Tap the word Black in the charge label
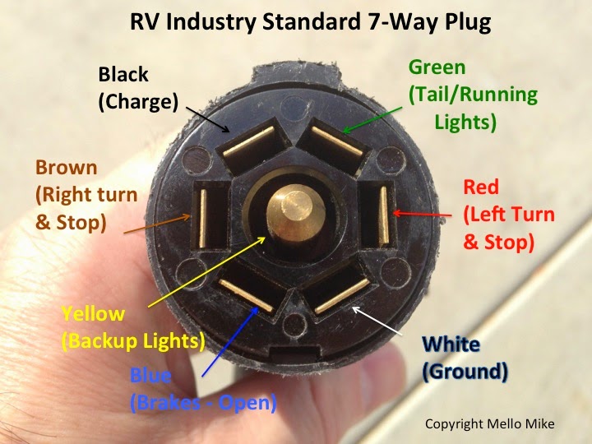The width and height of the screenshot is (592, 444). (123, 74)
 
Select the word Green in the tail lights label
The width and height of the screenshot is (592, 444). (437, 67)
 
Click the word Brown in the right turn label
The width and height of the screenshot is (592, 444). (67, 167)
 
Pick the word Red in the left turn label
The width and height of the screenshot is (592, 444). (481, 187)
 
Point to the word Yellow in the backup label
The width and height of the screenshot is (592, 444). (93, 314)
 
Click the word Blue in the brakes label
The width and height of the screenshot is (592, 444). (150, 375)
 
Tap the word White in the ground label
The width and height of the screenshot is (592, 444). (451, 344)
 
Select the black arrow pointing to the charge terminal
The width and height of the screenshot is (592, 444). (208, 119)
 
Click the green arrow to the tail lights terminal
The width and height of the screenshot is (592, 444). (372, 120)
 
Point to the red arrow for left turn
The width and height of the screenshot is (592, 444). (422, 214)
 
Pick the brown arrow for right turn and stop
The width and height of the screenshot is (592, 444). (157, 224)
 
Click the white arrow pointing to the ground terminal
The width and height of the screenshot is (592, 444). (377, 321)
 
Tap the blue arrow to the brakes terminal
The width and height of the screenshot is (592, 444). (230, 341)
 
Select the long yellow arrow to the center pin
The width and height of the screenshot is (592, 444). (207, 272)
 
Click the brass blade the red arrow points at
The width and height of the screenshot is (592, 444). (384, 215)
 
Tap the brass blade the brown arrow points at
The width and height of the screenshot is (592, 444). (203, 219)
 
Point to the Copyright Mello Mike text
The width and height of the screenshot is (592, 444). (490, 423)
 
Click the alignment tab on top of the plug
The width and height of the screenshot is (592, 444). (295, 73)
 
